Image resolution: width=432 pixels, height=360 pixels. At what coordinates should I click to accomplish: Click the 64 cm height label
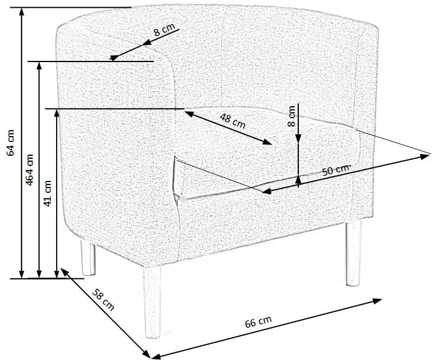[x=11, y=143]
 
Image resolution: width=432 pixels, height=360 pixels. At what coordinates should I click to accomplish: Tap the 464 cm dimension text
[x=29, y=170]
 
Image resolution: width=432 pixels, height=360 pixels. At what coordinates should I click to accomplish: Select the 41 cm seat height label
[x=47, y=193]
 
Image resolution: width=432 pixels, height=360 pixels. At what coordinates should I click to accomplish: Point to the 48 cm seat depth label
[x=233, y=121]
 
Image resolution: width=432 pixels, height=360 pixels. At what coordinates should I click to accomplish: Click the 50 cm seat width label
[x=336, y=170]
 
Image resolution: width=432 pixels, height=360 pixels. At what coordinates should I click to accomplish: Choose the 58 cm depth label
[x=103, y=300]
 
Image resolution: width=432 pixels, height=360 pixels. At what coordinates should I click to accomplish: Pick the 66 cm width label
[x=258, y=322]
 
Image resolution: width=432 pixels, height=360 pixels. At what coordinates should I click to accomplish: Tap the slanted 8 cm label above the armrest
[x=164, y=29]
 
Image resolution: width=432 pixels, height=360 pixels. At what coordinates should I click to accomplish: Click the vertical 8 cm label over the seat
[x=291, y=116]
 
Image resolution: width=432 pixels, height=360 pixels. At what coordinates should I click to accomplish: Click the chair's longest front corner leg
[x=152, y=303]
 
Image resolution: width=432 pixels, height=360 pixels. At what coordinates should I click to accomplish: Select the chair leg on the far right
[x=353, y=253]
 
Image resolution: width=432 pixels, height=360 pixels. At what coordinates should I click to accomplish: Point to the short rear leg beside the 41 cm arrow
[x=88, y=258]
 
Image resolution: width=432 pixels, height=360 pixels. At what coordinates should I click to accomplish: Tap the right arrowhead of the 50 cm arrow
[x=425, y=157]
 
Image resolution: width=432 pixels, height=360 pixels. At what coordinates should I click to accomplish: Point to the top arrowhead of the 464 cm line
[x=39, y=67]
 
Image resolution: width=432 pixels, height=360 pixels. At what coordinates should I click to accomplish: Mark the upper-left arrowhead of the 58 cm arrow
[x=64, y=271]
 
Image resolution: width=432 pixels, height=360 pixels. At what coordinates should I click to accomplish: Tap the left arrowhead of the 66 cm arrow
[x=156, y=356]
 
